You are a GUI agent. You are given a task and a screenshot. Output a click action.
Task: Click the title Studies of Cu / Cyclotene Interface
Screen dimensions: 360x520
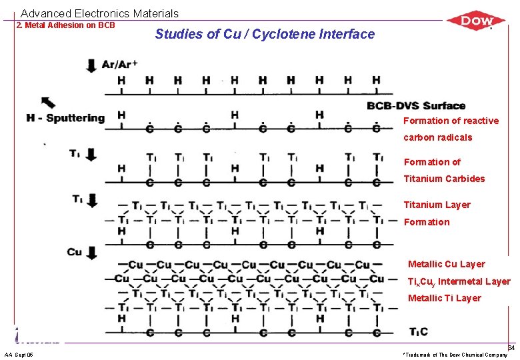(x=265, y=34)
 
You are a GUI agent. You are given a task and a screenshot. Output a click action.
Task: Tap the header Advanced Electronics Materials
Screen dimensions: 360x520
(x=100, y=13)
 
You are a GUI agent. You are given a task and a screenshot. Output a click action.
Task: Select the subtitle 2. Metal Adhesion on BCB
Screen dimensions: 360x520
(x=65, y=25)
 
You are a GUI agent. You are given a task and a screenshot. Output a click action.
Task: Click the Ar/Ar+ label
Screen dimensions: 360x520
(x=120, y=64)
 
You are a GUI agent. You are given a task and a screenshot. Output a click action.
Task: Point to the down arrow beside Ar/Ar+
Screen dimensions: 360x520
(x=91, y=65)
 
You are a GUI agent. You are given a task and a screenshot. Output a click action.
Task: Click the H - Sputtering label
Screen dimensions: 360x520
(x=65, y=118)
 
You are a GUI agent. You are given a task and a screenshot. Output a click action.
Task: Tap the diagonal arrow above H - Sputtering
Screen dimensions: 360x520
(x=49, y=102)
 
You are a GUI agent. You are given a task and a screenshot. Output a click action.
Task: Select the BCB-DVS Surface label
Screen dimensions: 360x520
(x=416, y=105)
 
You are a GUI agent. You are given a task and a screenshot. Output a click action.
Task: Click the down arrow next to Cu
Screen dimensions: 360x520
(x=91, y=253)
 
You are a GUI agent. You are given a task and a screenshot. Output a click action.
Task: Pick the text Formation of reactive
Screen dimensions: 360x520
(x=451, y=121)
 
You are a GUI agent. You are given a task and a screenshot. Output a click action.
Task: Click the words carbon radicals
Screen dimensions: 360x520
(x=437, y=137)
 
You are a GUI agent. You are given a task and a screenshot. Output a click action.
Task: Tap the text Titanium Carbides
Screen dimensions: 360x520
(x=444, y=179)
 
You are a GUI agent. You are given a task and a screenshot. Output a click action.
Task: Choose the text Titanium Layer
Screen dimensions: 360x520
(x=437, y=205)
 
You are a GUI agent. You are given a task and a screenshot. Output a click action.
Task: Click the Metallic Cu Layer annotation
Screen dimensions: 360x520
(x=446, y=264)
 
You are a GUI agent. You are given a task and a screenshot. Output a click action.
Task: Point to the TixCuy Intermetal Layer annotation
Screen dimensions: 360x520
(x=459, y=281)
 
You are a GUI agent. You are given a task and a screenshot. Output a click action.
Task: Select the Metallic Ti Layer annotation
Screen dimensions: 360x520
(x=444, y=298)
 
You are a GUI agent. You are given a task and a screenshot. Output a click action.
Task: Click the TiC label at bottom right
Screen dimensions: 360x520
(x=419, y=332)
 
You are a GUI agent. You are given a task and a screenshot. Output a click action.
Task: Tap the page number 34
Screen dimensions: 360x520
(x=511, y=348)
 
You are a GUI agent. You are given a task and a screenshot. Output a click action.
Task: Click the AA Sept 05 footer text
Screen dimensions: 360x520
(x=19, y=354)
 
